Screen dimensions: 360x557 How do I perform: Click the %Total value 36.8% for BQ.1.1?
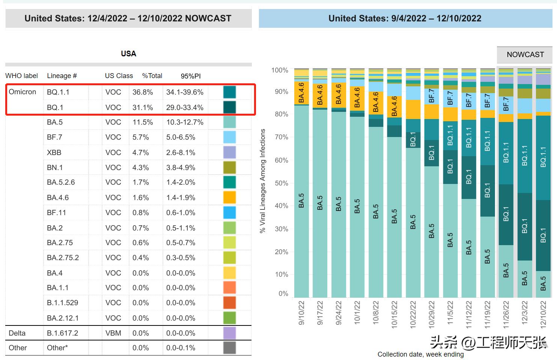(143, 92)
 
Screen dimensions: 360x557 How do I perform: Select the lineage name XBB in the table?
(54, 152)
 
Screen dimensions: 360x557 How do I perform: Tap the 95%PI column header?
(191, 76)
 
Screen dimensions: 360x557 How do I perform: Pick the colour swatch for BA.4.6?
(229, 197)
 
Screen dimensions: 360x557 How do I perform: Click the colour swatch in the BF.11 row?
(229, 212)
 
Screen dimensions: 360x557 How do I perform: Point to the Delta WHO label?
(17, 333)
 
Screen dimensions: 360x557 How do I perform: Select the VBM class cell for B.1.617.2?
(113, 333)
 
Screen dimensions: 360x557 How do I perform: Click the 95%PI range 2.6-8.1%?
(181, 152)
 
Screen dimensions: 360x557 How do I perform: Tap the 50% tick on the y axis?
(281, 183)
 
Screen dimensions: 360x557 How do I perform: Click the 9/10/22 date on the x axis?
(301, 313)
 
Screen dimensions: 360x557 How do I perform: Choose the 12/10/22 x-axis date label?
(543, 313)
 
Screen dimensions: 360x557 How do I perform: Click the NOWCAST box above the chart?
(525, 55)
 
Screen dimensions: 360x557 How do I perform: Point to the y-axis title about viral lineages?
(263, 181)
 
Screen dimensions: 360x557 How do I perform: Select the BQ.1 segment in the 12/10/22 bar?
(543, 235)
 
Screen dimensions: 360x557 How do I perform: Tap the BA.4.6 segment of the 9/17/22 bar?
(320, 95)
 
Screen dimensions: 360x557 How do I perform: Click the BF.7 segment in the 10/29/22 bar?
(432, 96)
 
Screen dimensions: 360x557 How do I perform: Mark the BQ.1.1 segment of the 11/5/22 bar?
(450, 136)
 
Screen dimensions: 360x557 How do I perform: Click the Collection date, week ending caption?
(420, 354)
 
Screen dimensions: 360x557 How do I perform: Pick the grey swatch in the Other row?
(229, 348)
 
